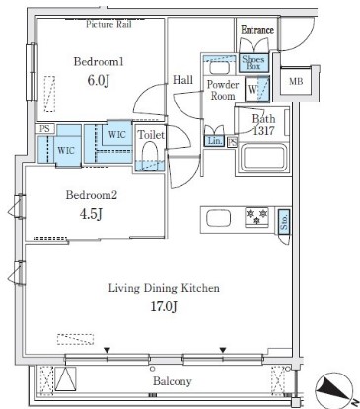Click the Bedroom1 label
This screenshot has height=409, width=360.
click(99, 62)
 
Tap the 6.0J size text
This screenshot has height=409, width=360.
click(98, 80)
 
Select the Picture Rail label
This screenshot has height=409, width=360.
click(108, 24)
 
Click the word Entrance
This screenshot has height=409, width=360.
click(257, 30)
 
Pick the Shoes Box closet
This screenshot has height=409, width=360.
click(253, 63)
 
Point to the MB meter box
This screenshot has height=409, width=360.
click(296, 81)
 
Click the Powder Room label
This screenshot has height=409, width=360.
click(223, 90)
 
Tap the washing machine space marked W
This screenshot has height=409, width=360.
click(257, 89)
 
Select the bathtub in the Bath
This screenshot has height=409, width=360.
click(263, 157)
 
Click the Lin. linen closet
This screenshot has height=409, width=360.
click(215, 141)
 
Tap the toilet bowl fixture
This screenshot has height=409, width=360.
click(150, 155)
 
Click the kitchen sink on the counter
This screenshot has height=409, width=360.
click(218, 219)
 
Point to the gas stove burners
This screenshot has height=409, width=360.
click(256, 217)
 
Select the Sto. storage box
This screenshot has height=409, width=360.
click(284, 222)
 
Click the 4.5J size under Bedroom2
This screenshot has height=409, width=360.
click(91, 214)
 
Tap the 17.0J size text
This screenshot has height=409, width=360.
click(164, 307)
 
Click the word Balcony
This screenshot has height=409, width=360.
click(173, 381)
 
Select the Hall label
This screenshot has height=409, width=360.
click(182, 80)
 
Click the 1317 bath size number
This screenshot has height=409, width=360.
click(263, 131)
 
